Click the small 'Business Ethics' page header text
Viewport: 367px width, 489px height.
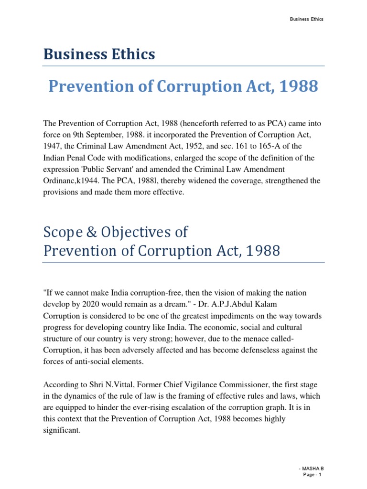[x=307, y=19]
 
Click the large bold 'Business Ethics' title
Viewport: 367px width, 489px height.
[x=99, y=54]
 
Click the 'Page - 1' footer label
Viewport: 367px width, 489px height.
[x=313, y=475]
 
